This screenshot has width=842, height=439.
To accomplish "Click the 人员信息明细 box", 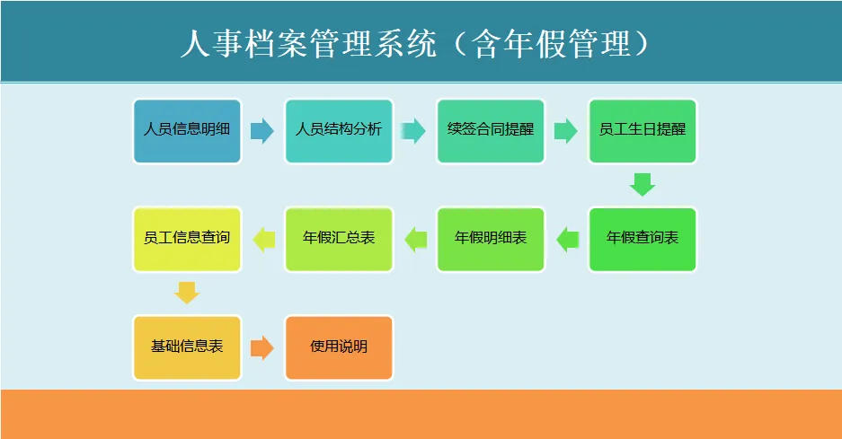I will point(187,131).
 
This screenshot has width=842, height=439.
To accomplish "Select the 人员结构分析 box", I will point(339,131).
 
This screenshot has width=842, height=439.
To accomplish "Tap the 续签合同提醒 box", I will point(491,131).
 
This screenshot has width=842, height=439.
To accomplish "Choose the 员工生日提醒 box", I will point(643,131).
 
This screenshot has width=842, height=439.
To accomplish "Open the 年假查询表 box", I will point(643,240).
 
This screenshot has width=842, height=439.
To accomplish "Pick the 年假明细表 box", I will point(491,240).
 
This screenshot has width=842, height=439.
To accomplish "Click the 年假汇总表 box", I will point(339,240).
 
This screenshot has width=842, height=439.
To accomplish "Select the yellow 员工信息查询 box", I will point(187,240).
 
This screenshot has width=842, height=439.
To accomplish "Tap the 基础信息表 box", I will point(187,347).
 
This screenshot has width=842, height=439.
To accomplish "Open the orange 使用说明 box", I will point(339,347).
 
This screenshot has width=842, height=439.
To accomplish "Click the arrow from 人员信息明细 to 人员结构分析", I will point(261,131).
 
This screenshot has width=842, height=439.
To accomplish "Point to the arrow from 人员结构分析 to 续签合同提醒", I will point(413,131).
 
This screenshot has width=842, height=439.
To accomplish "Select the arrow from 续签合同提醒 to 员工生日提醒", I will point(566,131).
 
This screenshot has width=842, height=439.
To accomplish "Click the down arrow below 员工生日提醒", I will point(643,184).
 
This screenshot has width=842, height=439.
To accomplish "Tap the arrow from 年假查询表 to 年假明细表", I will point(567,240).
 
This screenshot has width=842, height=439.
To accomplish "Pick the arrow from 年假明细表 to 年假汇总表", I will point(415,240).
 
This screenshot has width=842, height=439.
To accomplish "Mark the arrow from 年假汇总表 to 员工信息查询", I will point(263,240).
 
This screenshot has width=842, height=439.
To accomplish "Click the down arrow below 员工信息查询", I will point(187,293).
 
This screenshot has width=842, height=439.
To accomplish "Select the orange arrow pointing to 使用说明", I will point(261,347).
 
